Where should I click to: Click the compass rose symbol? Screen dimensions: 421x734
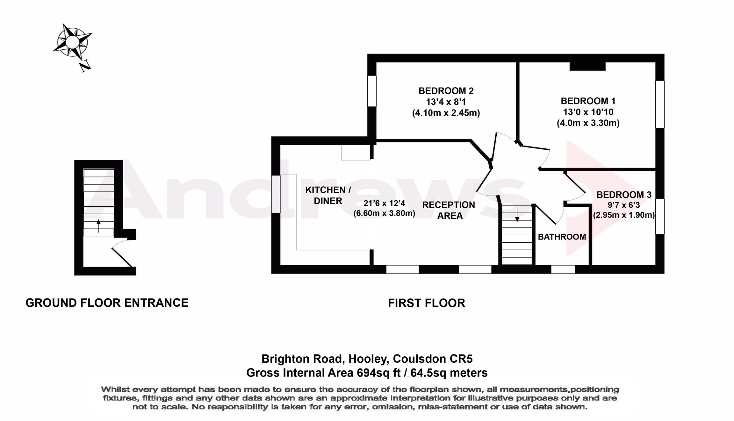click(72, 42)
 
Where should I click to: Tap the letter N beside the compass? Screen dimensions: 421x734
click(85, 66)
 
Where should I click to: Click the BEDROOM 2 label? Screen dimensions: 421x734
click(446, 91)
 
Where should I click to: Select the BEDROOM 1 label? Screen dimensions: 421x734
click(588, 101)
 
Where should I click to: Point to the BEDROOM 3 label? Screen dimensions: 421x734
click(623, 195)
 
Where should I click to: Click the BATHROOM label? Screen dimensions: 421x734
click(562, 237)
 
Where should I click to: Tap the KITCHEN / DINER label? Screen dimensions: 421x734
click(328, 195)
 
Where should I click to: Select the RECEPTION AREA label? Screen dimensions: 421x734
click(449, 210)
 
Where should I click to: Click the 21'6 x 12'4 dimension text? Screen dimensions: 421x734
click(384, 203)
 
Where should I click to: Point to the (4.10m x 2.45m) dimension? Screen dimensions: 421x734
click(446, 113)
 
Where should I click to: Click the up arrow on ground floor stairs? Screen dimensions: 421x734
click(98, 225)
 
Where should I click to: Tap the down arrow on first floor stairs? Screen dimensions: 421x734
click(517, 216)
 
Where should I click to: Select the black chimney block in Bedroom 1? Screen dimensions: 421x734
click(587, 66)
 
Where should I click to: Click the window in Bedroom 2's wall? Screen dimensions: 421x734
click(372, 91)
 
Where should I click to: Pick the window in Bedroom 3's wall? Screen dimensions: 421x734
click(660, 216)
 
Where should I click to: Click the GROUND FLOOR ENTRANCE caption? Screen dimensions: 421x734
click(107, 303)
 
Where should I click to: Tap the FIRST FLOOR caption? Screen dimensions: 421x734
click(426, 303)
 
